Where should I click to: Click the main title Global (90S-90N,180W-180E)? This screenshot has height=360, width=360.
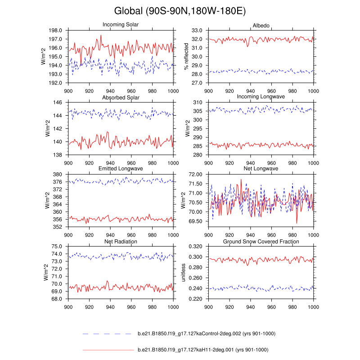[180, 10]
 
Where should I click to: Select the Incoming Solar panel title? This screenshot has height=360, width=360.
[121, 24]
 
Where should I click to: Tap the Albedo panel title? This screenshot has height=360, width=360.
[261, 26]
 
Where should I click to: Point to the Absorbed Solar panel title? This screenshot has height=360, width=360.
[121, 97]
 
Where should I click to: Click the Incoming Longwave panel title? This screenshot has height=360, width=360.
[261, 97]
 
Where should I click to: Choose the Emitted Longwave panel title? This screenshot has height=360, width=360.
[121, 169]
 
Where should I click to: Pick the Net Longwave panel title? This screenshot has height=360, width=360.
[261, 169]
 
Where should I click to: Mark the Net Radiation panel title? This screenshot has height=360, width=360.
[121, 242]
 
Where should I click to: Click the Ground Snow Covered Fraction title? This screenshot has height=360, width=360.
[261, 242]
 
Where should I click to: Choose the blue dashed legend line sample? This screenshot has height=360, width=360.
[108, 333]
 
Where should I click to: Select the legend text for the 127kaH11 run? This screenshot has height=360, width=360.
[202, 349]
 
